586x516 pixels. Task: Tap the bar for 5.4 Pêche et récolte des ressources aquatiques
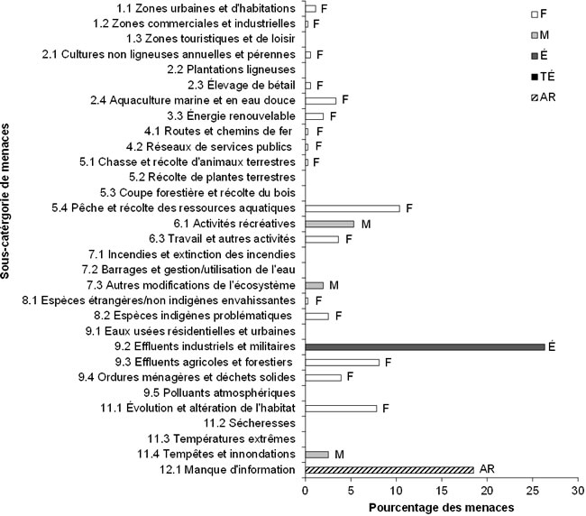(x=352, y=208)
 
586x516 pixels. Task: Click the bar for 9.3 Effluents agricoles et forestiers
(x=342, y=362)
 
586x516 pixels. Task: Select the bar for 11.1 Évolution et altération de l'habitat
(x=341, y=408)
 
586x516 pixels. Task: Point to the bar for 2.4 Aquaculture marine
(x=320, y=100)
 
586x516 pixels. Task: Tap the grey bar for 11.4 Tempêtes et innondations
(x=316, y=454)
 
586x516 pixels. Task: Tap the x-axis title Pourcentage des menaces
(x=441, y=507)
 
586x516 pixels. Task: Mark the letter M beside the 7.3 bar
(x=334, y=285)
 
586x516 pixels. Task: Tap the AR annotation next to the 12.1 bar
(x=485, y=469)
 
